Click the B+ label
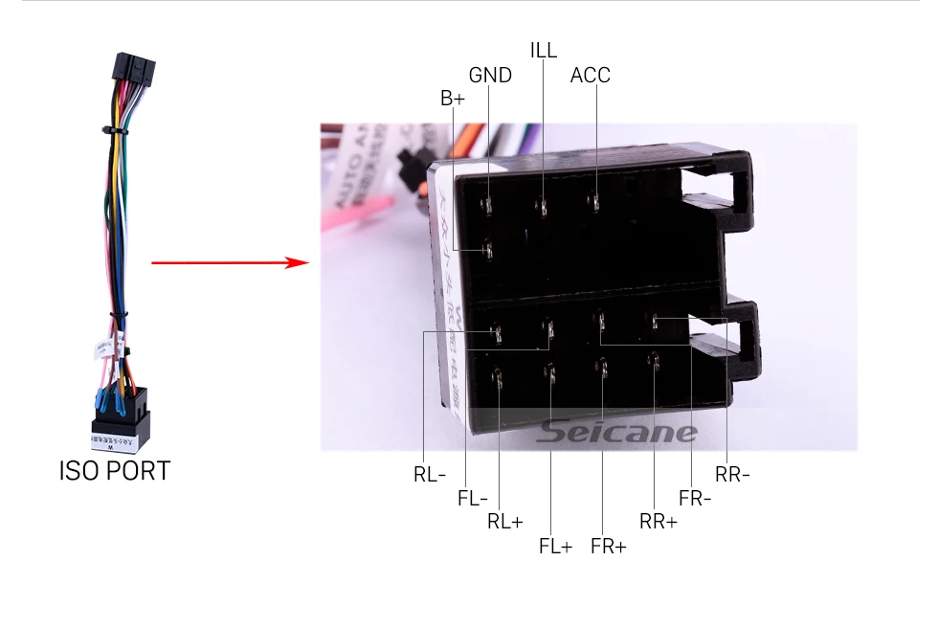[452, 98]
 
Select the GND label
[490, 75]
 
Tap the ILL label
[543, 50]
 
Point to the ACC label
[590, 75]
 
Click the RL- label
[430, 474]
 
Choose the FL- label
[472, 498]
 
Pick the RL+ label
[504, 522]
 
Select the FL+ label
[555, 547]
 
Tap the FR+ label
[608, 547]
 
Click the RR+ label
[658, 522]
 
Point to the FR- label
[695, 498]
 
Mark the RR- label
[732, 474]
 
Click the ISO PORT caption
[114, 471]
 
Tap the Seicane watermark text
[616, 433]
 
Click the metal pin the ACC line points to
[594, 202]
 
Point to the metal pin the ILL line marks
[542, 206]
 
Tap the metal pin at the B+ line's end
[487, 251]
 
